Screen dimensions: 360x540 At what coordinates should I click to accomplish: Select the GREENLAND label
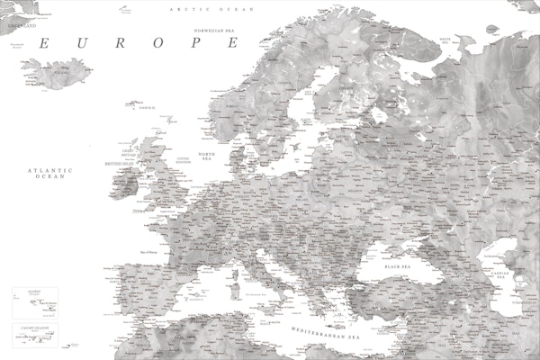click(x=20, y=26)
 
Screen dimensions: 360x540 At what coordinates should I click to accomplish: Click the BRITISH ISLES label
click(x=120, y=163)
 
